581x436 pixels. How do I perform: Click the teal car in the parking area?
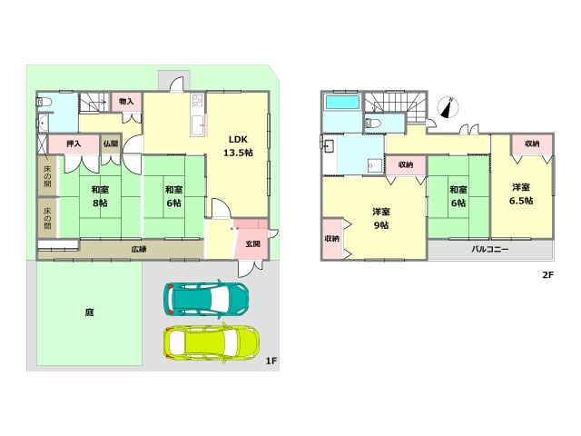click(206, 299)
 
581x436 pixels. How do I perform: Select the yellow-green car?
click(212, 343)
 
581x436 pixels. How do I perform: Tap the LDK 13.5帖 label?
click(238, 145)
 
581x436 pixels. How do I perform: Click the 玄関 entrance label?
click(252, 244)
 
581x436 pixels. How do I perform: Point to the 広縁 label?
click(139, 249)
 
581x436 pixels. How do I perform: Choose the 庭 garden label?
click(89, 312)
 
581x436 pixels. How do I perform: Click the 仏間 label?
click(111, 144)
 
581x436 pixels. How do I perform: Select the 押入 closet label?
click(74, 144)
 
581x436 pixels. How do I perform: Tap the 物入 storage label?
click(126, 101)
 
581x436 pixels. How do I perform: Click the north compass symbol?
click(448, 107)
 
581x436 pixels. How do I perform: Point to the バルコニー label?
click(490, 249)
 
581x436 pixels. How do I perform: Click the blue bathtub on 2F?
click(342, 103)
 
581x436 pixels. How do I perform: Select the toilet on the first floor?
click(42, 102)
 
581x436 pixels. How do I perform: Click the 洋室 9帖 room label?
click(381, 218)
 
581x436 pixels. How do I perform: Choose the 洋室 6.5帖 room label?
click(521, 193)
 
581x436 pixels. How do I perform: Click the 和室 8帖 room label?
click(100, 196)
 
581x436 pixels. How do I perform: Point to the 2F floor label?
click(547, 274)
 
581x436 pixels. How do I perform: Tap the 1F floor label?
click(271, 361)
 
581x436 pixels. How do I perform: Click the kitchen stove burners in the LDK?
click(196, 100)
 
